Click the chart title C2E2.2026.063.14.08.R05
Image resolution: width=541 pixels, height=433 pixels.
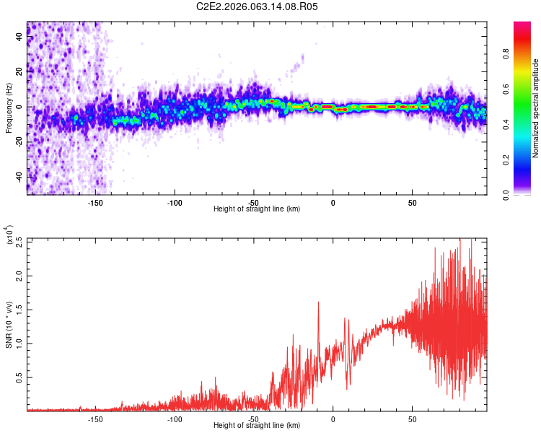(x=257, y=6)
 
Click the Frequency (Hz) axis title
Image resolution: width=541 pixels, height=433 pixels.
(x=9, y=108)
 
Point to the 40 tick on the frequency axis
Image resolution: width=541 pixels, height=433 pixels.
(x=19, y=37)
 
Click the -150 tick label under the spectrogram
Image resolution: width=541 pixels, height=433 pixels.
(x=95, y=203)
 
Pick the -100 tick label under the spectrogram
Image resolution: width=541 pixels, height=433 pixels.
(x=174, y=203)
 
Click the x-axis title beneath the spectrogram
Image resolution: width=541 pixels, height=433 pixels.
(x=257, y=209)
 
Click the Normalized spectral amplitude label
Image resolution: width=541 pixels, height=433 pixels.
(x=536, y=108)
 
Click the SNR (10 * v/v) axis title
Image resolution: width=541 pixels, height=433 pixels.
(x=9, y=320)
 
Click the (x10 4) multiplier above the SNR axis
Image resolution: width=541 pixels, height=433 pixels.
(x=9, y=235)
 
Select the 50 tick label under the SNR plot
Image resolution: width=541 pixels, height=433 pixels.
(x=411, y=419)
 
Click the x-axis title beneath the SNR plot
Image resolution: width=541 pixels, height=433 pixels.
(x=257, y=426)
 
